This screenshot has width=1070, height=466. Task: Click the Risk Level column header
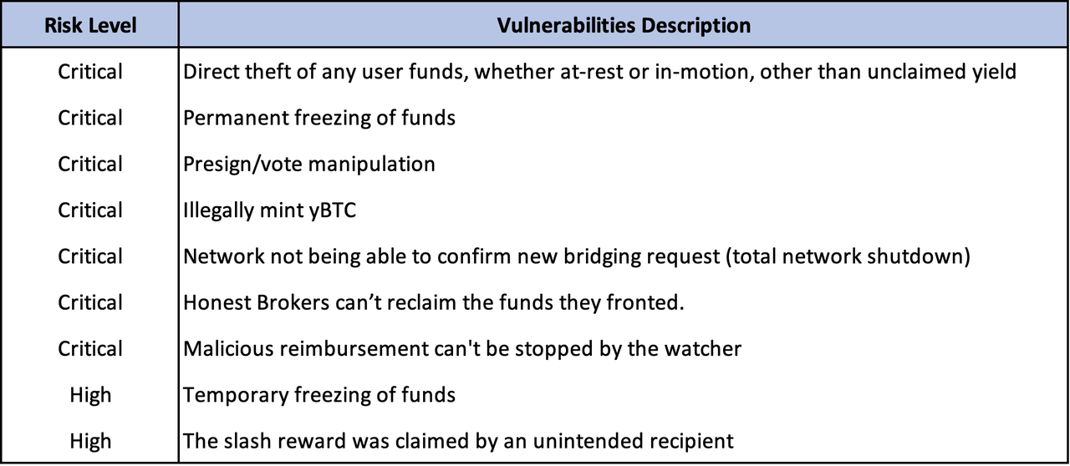[90, 25]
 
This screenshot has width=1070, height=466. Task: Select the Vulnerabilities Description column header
[624, 25]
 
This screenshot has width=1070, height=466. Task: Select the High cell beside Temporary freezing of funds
[90, 395]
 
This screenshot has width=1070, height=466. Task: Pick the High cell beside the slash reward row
[90, 441]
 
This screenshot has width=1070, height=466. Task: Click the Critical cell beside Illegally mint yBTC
[90, 210]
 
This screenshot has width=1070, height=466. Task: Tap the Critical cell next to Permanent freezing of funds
[90, 118]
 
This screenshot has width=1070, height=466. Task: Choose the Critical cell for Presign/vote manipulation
[90, 165]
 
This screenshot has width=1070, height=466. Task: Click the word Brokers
[293, 302]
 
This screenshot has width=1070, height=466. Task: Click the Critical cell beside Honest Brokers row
[90, 302]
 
